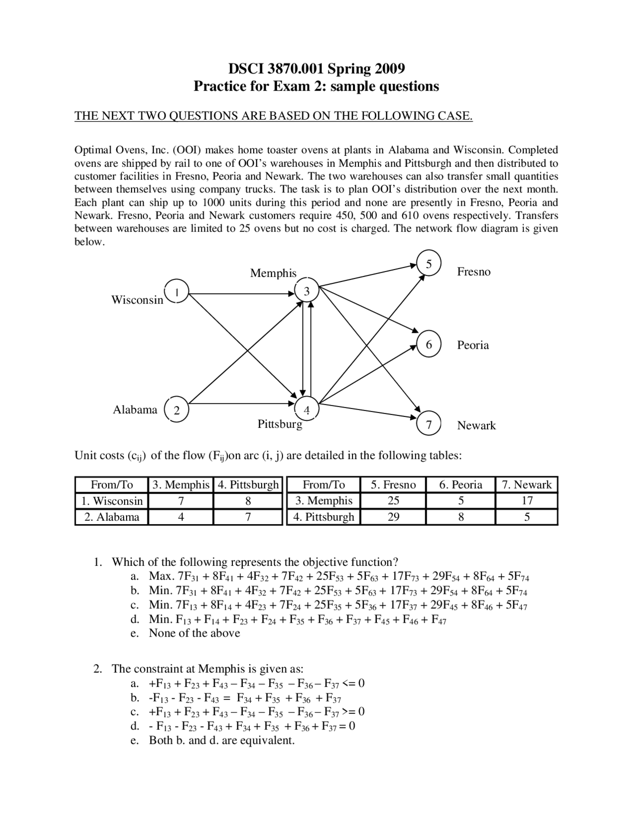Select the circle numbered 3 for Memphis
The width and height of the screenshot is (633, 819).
[307, 291]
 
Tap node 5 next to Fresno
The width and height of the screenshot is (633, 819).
[429, 264]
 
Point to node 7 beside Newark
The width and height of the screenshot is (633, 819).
[429, 425]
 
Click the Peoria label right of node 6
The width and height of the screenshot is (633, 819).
[473, 345]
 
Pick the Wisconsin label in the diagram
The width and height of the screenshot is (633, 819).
[137, 300]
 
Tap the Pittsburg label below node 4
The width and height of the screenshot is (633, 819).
[279, 424]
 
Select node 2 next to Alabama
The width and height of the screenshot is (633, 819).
[177, 410]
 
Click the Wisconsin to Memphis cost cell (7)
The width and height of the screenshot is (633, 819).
[181, 501]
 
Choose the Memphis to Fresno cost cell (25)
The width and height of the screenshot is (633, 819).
[393, 500]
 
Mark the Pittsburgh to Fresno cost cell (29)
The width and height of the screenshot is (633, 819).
[393, 517]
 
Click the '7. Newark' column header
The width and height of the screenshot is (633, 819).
[527, 485]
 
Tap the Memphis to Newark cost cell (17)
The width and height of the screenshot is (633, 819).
[527, 500]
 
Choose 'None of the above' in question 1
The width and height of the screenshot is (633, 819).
[194, 633]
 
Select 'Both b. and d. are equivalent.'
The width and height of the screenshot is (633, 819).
[222, 740]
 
